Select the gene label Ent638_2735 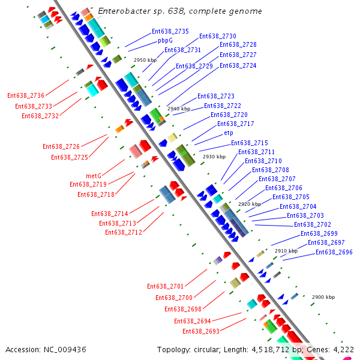[x=170, y=31]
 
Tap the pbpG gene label [x=165, y=41]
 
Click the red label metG [x=94, y=176]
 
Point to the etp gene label [x=228, y=133]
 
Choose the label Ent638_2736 [x=26, y=95]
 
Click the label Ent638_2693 [x=201, y=331]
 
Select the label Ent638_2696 [x=334, y=252]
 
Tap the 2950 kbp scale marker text [x=145, y=60]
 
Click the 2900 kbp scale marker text [x=323, y=297]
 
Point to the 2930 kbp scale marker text [x=214, y=157]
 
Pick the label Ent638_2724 [x=238, y=65]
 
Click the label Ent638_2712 [x=124, y=232]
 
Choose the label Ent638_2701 [x=166, y=286]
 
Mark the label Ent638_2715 [x=250, y=143]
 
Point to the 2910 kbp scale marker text [x=286, y=251]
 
